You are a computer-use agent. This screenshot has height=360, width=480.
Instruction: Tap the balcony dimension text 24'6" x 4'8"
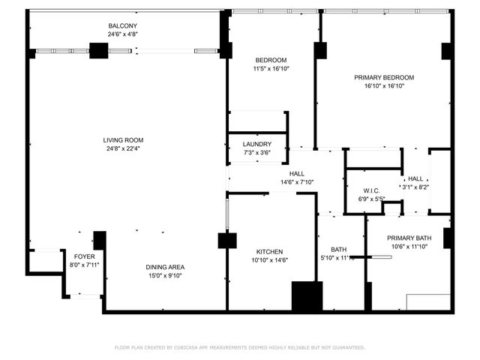[124, 34]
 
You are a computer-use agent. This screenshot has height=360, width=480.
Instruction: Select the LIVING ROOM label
[124, 140]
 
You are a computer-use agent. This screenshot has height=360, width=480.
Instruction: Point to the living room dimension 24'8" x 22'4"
[124, 148]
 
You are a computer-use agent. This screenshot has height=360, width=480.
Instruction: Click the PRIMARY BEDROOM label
[384, 77]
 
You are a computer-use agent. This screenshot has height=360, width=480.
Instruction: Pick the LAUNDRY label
[256, 145]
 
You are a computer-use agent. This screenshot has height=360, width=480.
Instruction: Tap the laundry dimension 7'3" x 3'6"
[256, 153]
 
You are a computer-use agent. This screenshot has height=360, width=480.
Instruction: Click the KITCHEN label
[269, 252]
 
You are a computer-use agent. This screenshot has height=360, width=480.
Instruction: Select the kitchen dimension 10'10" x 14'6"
[269, 260]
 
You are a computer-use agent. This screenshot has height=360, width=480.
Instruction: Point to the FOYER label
[84, 256]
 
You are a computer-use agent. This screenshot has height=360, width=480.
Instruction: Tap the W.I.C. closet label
[373, 190]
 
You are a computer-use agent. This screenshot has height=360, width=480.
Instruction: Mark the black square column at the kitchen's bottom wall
[306, 296]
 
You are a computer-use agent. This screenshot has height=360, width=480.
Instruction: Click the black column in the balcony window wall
[98, 51]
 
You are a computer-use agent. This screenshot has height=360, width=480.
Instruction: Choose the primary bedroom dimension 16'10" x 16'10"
[384, 85]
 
